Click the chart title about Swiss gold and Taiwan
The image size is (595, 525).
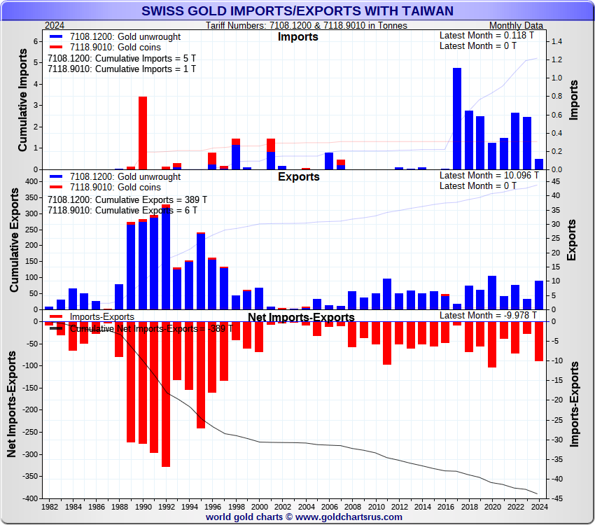(297, 10)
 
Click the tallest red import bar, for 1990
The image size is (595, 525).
(143, 133)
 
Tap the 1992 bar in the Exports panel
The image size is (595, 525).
(166, 259)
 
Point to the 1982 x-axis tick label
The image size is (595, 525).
(49, 506)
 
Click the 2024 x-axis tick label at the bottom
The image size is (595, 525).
(538, 506)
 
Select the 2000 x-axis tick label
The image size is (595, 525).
(259, 506)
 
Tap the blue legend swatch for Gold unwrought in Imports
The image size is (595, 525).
(55, 36)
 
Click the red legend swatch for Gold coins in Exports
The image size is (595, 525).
(55, 188)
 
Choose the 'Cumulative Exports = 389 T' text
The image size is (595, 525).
(122, 199)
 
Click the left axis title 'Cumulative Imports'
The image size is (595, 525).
(22, 105)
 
